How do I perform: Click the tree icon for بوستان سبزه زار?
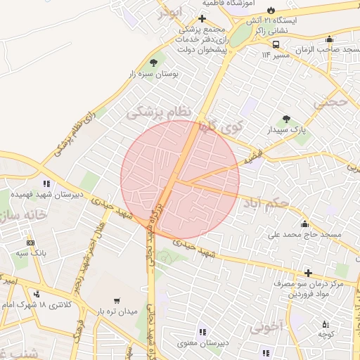click(x=153, y=63)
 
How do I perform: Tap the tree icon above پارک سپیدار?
click(x=285, y=120)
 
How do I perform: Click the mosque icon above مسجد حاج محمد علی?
click(x=304, y=224)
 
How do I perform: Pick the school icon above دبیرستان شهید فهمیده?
click(x=46, y=184)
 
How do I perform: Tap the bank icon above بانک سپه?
click(x=30, y=241)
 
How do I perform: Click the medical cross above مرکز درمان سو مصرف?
click(x=308, y=273)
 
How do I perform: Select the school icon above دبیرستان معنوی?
click(x=202, y=332)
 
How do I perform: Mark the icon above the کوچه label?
click(x=324, y=324)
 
